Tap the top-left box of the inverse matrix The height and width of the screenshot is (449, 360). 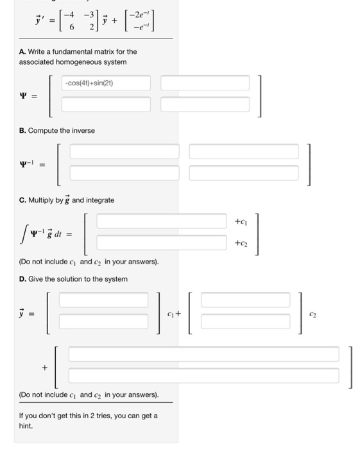pos(124,151)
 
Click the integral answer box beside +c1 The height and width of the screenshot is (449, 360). pos(162,222)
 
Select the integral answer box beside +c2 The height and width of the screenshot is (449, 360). pos(162,244)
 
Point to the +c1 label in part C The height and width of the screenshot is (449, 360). pos(241,222)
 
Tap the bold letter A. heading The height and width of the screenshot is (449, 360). pos(22,51)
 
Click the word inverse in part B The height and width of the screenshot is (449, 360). pos(81,130)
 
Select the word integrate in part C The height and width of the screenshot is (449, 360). pos(100,200)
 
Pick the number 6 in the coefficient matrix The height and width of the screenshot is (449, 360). pos(64,28)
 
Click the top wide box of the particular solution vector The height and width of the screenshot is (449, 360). pos(203,354)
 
